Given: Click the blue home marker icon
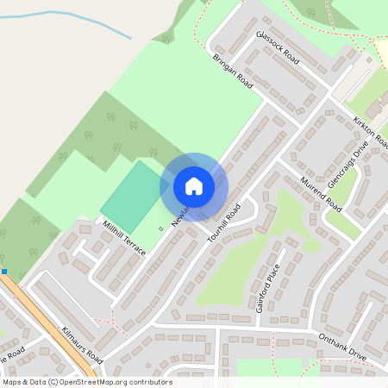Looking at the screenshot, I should tap(194, 186).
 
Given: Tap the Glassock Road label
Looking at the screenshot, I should tap(278, 48).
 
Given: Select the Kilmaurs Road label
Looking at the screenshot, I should tap(83, 344).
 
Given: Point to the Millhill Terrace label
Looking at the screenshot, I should tap(124, 236).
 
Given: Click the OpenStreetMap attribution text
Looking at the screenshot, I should tap(86, 382).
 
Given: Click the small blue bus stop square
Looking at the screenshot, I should tap(4, 272).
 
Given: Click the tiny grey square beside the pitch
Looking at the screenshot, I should tap(160, 228).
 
